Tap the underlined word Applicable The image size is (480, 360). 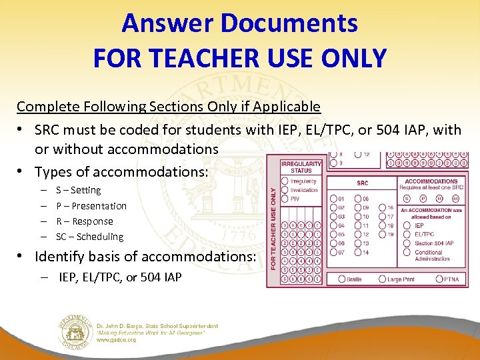coord(289,107)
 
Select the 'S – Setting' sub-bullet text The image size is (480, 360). coord(79,191)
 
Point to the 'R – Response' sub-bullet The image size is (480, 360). coord(85,221)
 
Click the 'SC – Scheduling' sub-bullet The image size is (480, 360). coord(89,237)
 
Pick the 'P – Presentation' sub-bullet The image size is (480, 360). coord(91,206)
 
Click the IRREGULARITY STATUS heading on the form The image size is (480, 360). coord(301,167)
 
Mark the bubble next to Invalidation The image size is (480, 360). coord(285,189)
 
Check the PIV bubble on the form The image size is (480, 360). coord(285,198)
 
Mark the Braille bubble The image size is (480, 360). coord(342,279)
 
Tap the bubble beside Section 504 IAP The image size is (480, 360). coord(409,243)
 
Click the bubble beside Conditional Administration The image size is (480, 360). coord(409,253)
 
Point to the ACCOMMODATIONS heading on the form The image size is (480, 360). coord(431,181)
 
